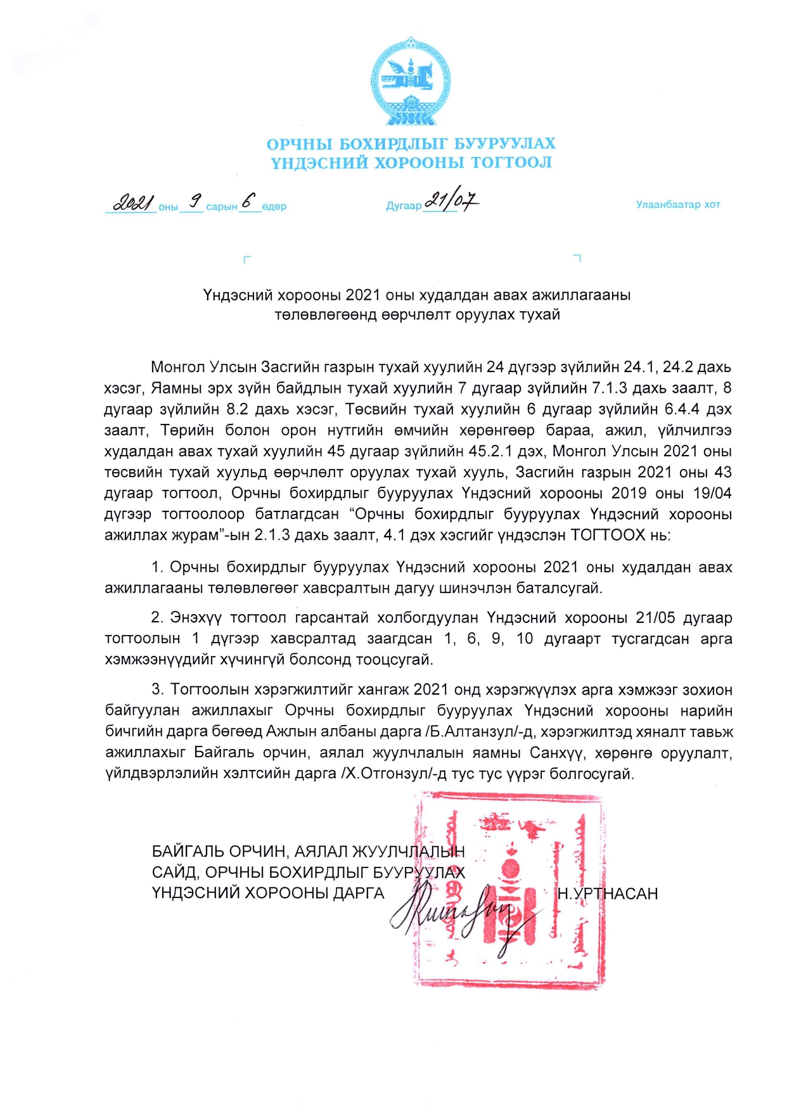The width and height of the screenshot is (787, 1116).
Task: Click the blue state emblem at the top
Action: click(411, 81)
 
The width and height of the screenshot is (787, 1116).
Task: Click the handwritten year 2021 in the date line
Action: click(132, 203)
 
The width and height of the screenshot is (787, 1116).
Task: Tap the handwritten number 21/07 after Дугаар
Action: click(451, 201)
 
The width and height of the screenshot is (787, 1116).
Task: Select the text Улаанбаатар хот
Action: click(677, 205)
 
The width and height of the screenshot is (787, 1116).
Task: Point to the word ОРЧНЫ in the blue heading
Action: click(300, 144)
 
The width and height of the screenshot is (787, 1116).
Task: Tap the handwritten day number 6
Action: click(248, 201)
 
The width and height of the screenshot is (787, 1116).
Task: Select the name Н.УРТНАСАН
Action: click(608, 894)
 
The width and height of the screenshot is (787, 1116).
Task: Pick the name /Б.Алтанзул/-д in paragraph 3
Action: click(480, 732)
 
